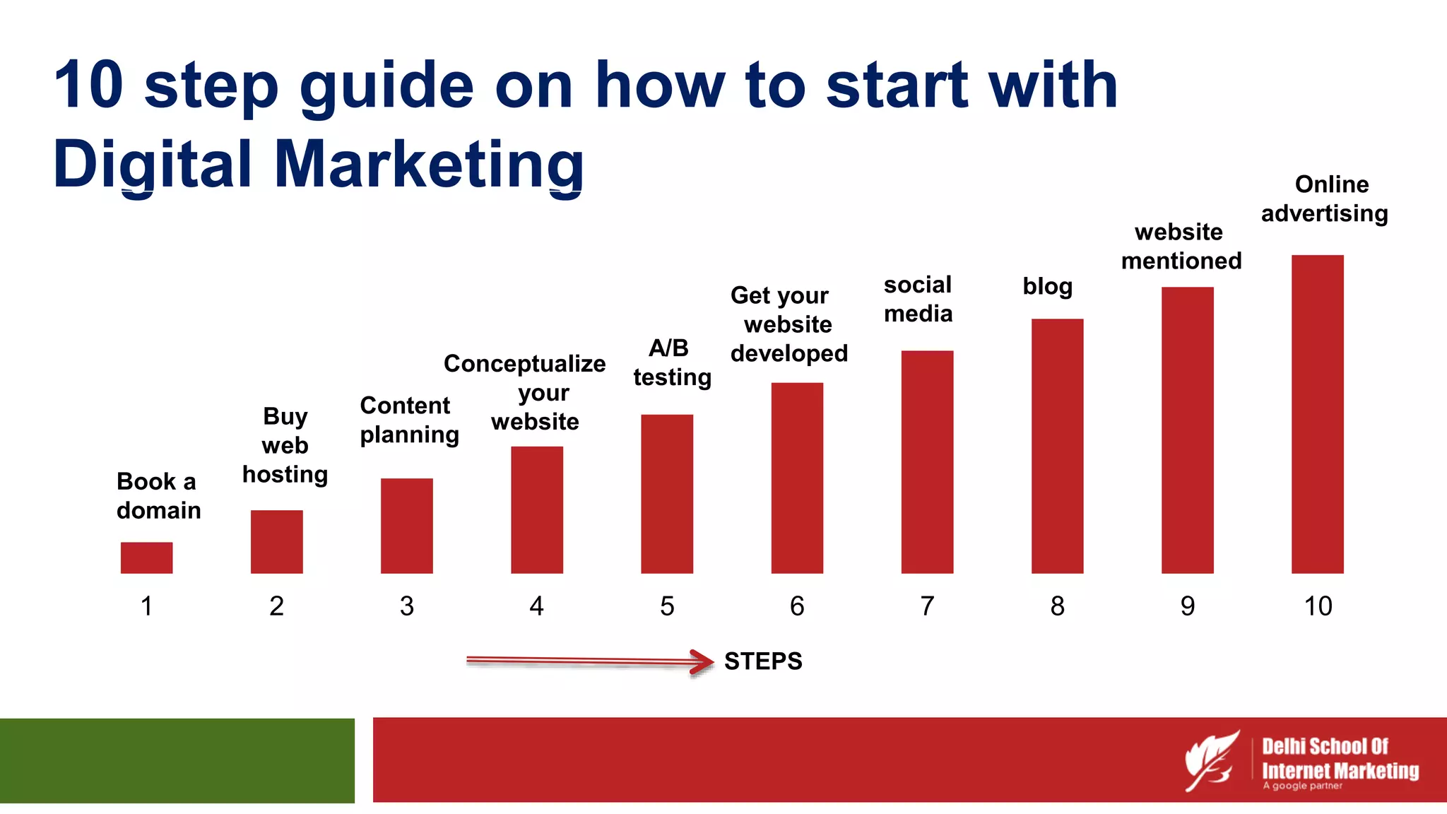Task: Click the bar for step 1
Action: (146, 558)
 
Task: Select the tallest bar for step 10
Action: (1317, 414)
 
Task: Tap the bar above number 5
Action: (666, 493)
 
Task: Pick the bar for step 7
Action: (927, 461)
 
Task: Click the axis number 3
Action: (406, 606)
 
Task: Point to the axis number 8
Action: (1057, 606)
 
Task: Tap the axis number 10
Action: (1317, 606)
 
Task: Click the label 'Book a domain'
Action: (158, 495)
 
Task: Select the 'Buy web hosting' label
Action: (285, 445)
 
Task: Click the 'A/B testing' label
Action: (671, 362)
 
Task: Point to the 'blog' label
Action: (1047, 286)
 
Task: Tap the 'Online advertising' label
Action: (1325, 199)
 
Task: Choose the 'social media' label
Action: (918, 299)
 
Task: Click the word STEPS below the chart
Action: (763, 661)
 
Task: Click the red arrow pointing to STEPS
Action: (590, 661)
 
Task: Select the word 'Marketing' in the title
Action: (428, 164)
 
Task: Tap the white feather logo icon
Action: (1211, 760)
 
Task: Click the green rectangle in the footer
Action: (177, 760)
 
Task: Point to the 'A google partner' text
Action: (1302, 786)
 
